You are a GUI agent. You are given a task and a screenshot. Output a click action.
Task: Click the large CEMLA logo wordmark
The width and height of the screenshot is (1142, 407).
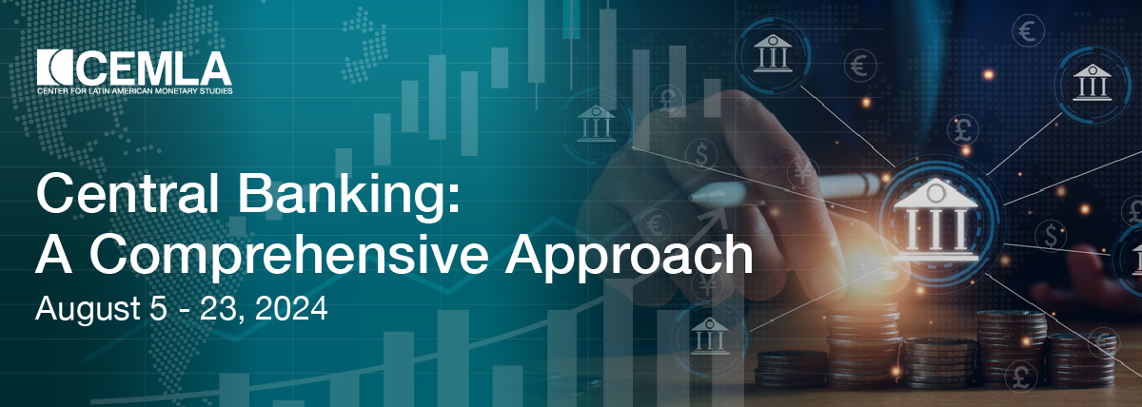tap(154, 68)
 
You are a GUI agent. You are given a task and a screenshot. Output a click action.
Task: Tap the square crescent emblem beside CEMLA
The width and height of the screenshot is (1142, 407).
tap(55, 68)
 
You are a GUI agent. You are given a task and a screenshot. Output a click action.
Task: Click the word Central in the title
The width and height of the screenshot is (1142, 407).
tap(128, 194)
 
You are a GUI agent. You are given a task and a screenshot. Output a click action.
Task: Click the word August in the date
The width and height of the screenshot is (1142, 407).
tap(88, 309)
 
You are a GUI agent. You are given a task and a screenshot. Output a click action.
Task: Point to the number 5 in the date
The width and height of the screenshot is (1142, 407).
tap(159, 308)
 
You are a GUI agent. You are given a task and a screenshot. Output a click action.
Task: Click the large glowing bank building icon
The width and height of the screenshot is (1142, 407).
tap(936, 220)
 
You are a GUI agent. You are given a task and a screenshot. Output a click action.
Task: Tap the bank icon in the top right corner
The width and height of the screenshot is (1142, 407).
tap(1093, 82)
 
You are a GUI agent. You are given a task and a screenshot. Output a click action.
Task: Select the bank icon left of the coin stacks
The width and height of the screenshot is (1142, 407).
tap(709, 336)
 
